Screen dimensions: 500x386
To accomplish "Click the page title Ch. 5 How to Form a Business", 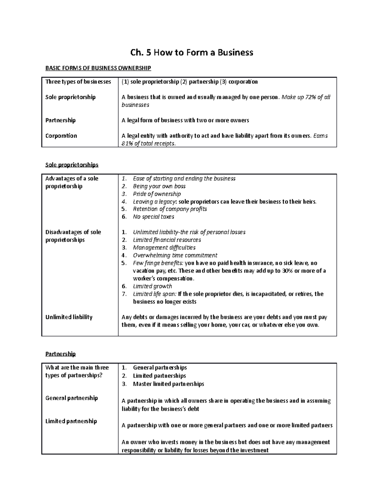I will (x=192, y=52).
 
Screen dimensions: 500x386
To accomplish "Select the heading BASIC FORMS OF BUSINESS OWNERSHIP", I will (x=98, y=68).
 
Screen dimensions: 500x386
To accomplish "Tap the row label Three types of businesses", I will (x=78, y=82).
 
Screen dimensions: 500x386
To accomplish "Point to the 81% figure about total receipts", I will (x=127, y=144).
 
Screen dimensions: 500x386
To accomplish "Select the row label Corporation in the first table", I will (x=61, y=136).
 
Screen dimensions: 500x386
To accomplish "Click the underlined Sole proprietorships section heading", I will (x=72, y=165).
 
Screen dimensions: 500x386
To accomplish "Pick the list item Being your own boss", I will (x=159, y=186).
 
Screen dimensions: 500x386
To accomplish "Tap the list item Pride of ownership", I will (x=157, y=194).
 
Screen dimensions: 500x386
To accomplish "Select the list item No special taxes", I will (x=153, y=217).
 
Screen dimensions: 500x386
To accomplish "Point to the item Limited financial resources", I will (x=167, y=240).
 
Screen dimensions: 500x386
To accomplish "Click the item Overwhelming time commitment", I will (x=175, y=255).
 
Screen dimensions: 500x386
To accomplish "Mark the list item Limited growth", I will (x=152, y=286).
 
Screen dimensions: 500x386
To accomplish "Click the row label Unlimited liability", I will (x=69, y=317).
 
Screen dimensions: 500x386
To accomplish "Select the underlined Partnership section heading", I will (x=60, y=354).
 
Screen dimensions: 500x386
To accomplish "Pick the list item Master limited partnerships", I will (x=169, y=384).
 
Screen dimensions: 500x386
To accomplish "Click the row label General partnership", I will (x=71, y=398).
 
